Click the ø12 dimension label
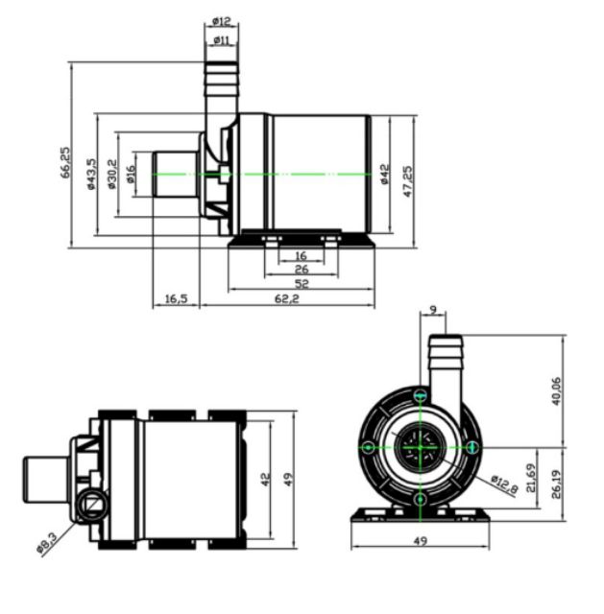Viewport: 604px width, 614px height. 222,21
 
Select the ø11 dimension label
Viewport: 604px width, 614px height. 222,40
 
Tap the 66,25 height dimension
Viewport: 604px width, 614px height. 65,162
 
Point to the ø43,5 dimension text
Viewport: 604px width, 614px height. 91,174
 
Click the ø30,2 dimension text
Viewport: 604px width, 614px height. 112,174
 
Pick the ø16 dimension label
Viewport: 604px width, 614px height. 131,174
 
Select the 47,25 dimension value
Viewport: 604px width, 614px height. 408,181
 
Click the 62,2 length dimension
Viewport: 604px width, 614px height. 286,298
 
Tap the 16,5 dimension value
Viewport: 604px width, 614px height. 176,298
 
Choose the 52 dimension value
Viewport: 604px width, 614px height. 301,284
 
